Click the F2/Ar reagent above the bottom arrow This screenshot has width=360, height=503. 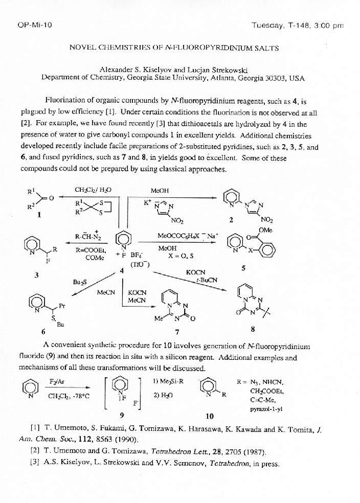57,382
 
